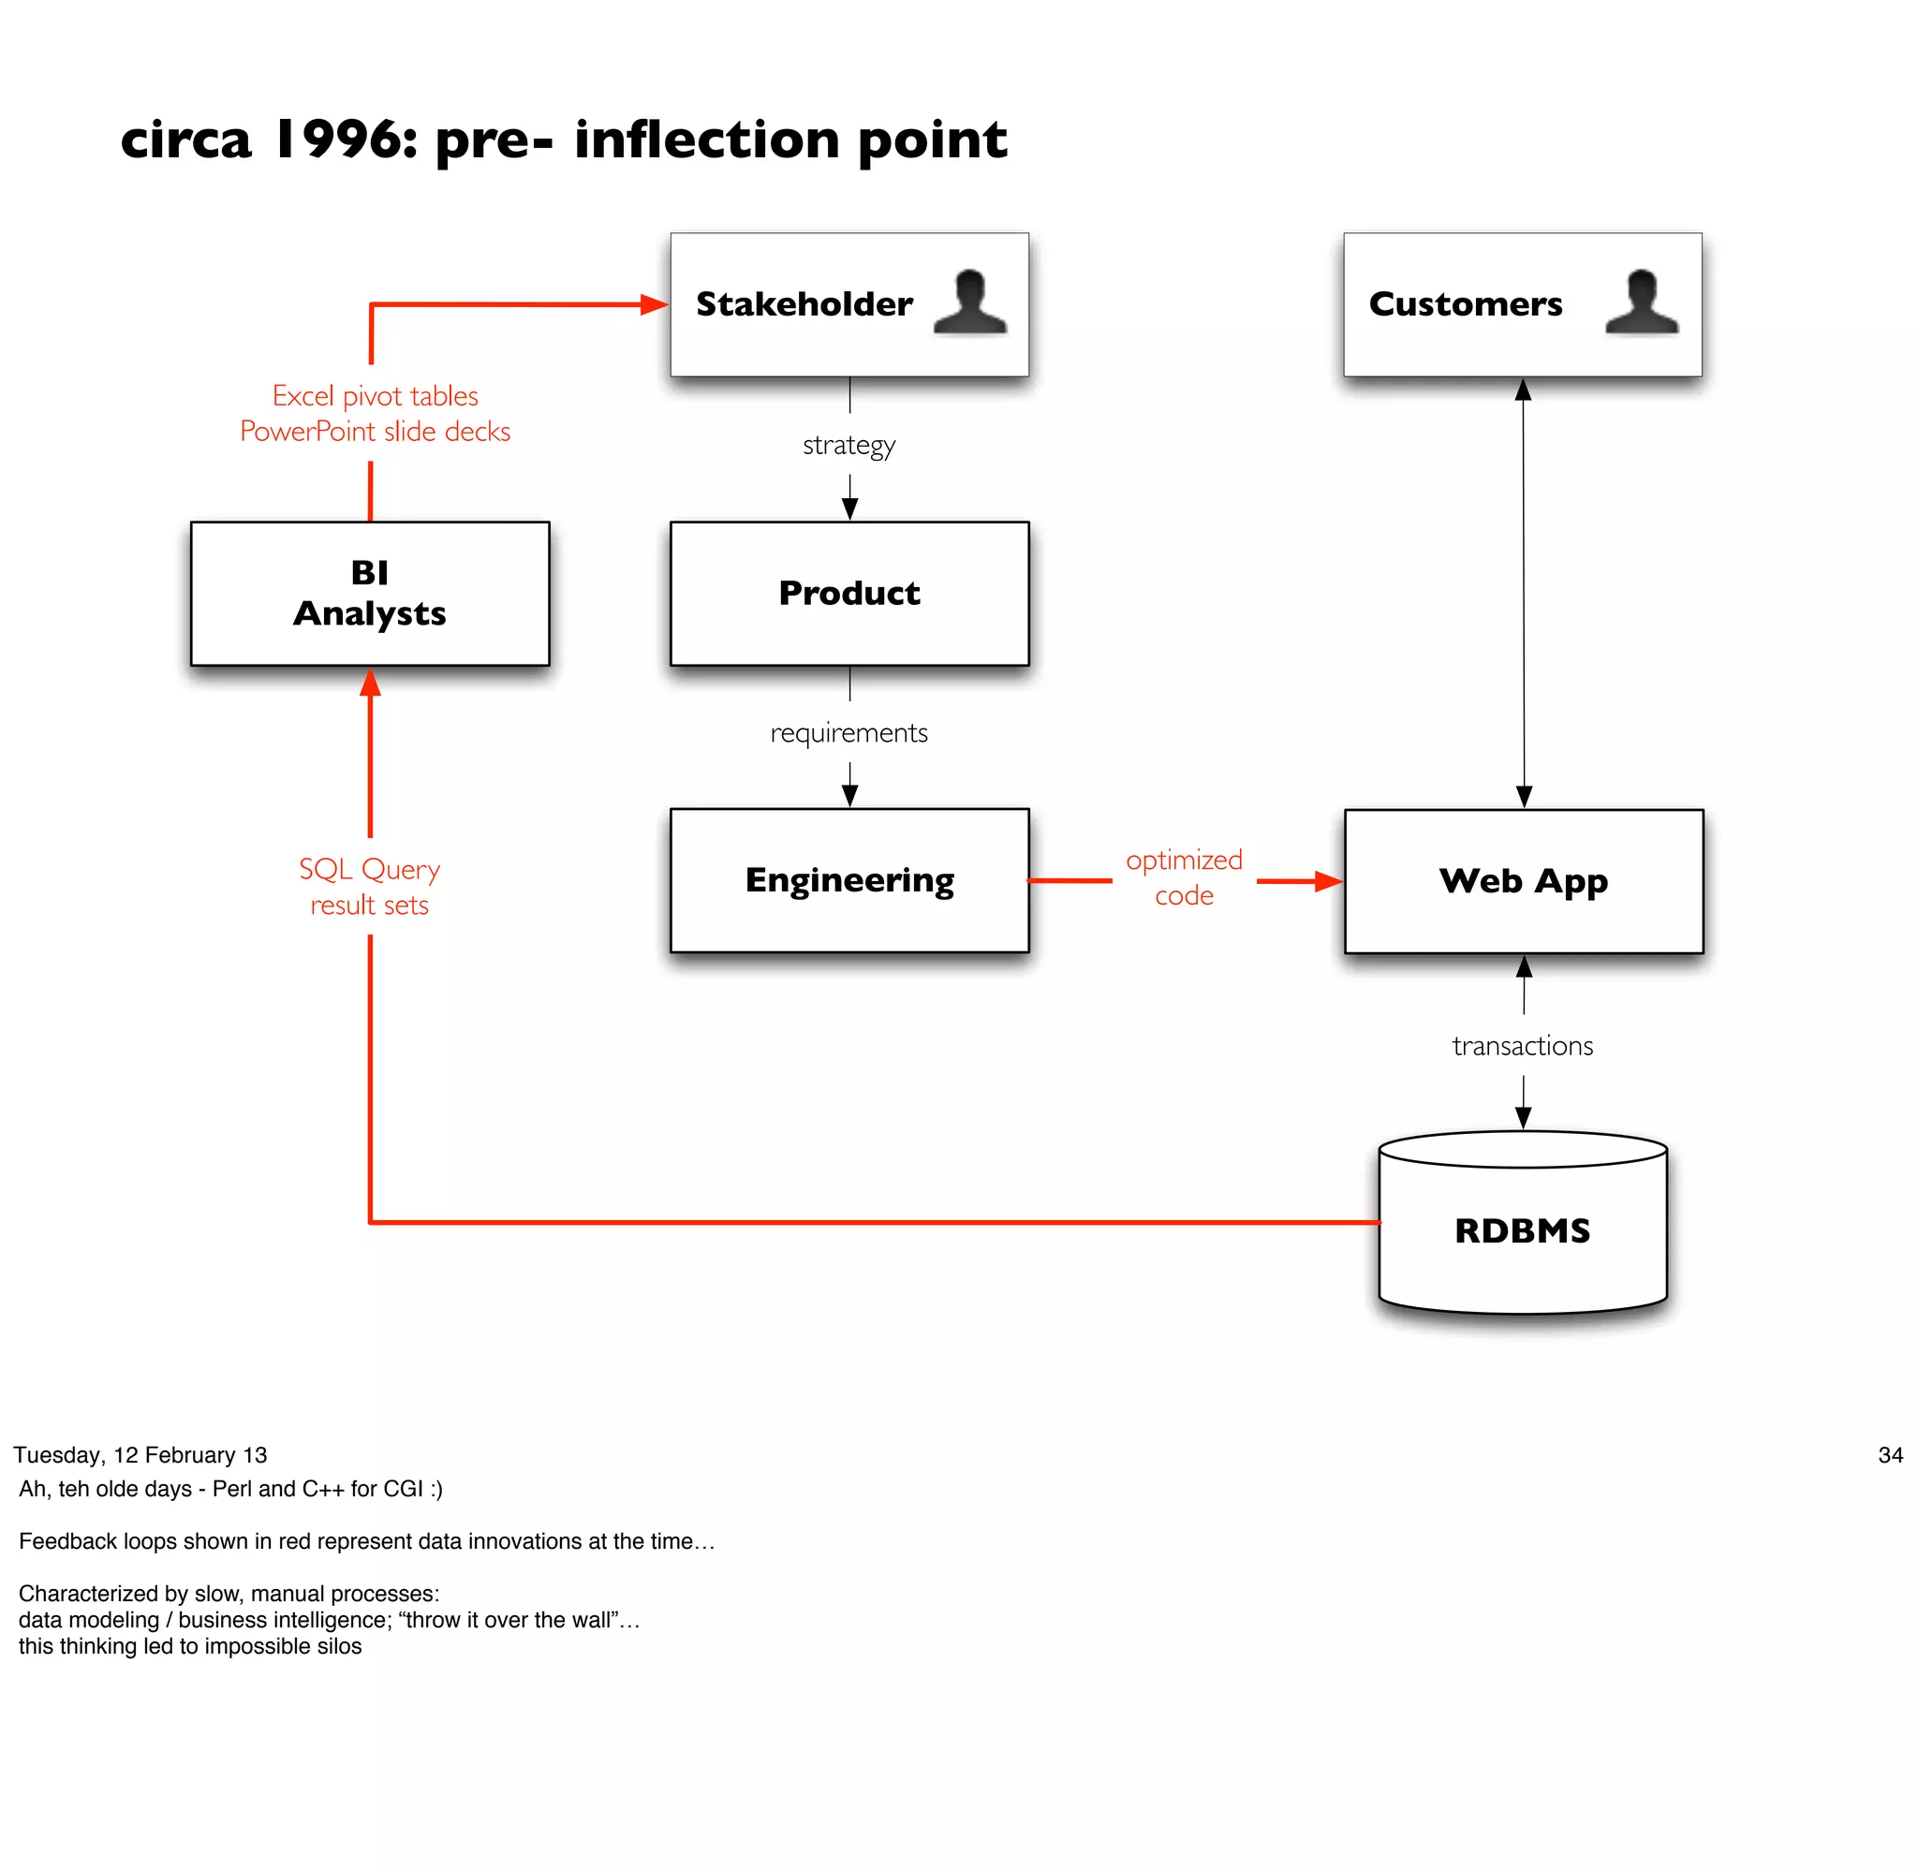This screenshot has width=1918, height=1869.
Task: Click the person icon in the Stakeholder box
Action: [970, 302]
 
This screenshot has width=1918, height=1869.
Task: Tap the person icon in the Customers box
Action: [1641, 302]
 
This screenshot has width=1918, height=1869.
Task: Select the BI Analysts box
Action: [369, 593]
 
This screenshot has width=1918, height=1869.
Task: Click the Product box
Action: [849, 593]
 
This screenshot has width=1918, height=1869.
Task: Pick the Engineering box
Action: [849, 880]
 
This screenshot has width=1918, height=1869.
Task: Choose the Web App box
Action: [1523, 880]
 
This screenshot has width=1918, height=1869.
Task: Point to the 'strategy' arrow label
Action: [849, 445]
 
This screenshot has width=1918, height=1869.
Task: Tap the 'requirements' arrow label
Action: [849, 732]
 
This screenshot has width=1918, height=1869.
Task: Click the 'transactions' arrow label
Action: [1523, 1045]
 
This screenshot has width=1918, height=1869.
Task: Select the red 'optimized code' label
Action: [1184, 877]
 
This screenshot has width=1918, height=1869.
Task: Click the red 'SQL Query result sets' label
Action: [369, 887]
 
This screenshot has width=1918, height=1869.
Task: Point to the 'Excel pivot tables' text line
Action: [375, 395]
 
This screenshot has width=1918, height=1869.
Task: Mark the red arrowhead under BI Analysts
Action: [370, 683]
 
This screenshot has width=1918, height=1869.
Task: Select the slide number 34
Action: [1890, 1455]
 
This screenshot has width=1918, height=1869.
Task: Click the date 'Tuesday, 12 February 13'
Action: [140, 1455]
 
